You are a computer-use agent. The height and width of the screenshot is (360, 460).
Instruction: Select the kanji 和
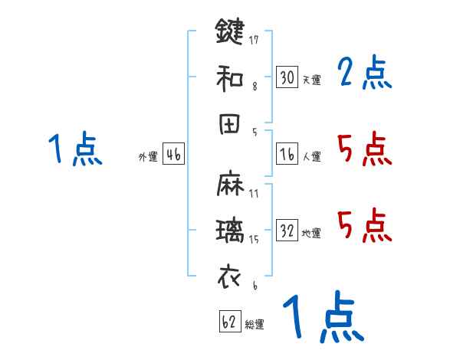(229, 77)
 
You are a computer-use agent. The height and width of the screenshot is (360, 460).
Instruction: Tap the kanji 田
(229, 124)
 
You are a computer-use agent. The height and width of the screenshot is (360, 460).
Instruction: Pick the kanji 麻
(229, 184)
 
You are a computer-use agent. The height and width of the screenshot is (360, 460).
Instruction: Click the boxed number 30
(287, 77)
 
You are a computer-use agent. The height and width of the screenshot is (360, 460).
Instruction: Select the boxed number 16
(287, 154)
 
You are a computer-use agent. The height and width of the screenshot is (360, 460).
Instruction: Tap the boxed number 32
(287, 231)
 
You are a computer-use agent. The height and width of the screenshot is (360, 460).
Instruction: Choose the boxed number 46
(173, 154)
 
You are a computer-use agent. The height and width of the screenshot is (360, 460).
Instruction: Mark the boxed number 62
(228, 322)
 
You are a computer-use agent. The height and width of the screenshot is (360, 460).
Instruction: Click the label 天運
(311, 80)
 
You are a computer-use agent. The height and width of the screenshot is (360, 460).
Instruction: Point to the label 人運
(311, 157)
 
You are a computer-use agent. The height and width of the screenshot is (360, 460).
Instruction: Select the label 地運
(311, 234)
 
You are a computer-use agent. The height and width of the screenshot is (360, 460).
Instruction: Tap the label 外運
(147, 157)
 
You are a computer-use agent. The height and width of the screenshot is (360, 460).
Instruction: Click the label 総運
(255, 325)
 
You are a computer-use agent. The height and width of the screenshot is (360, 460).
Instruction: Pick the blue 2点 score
(365, 74)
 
